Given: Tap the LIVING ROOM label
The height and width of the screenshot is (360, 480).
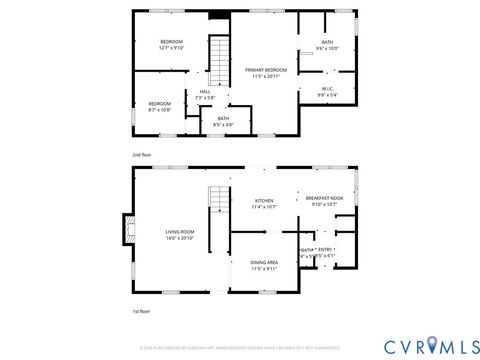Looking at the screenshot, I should [x=180, y=232].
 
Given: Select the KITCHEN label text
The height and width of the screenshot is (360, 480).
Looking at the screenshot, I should [x=264, y=200].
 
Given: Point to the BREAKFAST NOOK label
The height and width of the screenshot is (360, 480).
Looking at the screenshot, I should [x=325, y=198].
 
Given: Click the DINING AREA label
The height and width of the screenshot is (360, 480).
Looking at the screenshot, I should [x=265, y=262].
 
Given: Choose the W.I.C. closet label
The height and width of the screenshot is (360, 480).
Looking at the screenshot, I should [x=327, y=88].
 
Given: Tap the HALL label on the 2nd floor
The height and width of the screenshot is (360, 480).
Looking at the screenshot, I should [x=205, y=91].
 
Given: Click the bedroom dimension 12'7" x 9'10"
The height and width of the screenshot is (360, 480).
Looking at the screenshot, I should [x=173, y=48].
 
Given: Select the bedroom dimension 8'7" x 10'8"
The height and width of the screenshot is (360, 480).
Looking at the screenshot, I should [x=160, y=110].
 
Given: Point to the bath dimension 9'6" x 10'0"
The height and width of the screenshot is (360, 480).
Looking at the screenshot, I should [x=327, y=48].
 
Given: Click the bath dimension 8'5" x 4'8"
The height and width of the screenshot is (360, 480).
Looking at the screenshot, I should [x=222, y=124].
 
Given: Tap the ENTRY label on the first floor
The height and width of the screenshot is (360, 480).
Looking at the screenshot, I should [x=325, y=249].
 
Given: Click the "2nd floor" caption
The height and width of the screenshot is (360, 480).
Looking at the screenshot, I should [x=142, y=155].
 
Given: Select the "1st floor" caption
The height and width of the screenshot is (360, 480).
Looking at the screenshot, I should [x=141, y=312].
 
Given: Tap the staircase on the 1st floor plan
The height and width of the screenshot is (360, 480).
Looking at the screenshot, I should [x=219, y=212].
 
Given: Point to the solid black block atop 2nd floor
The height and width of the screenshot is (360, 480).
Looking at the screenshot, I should [x=218, y=14].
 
